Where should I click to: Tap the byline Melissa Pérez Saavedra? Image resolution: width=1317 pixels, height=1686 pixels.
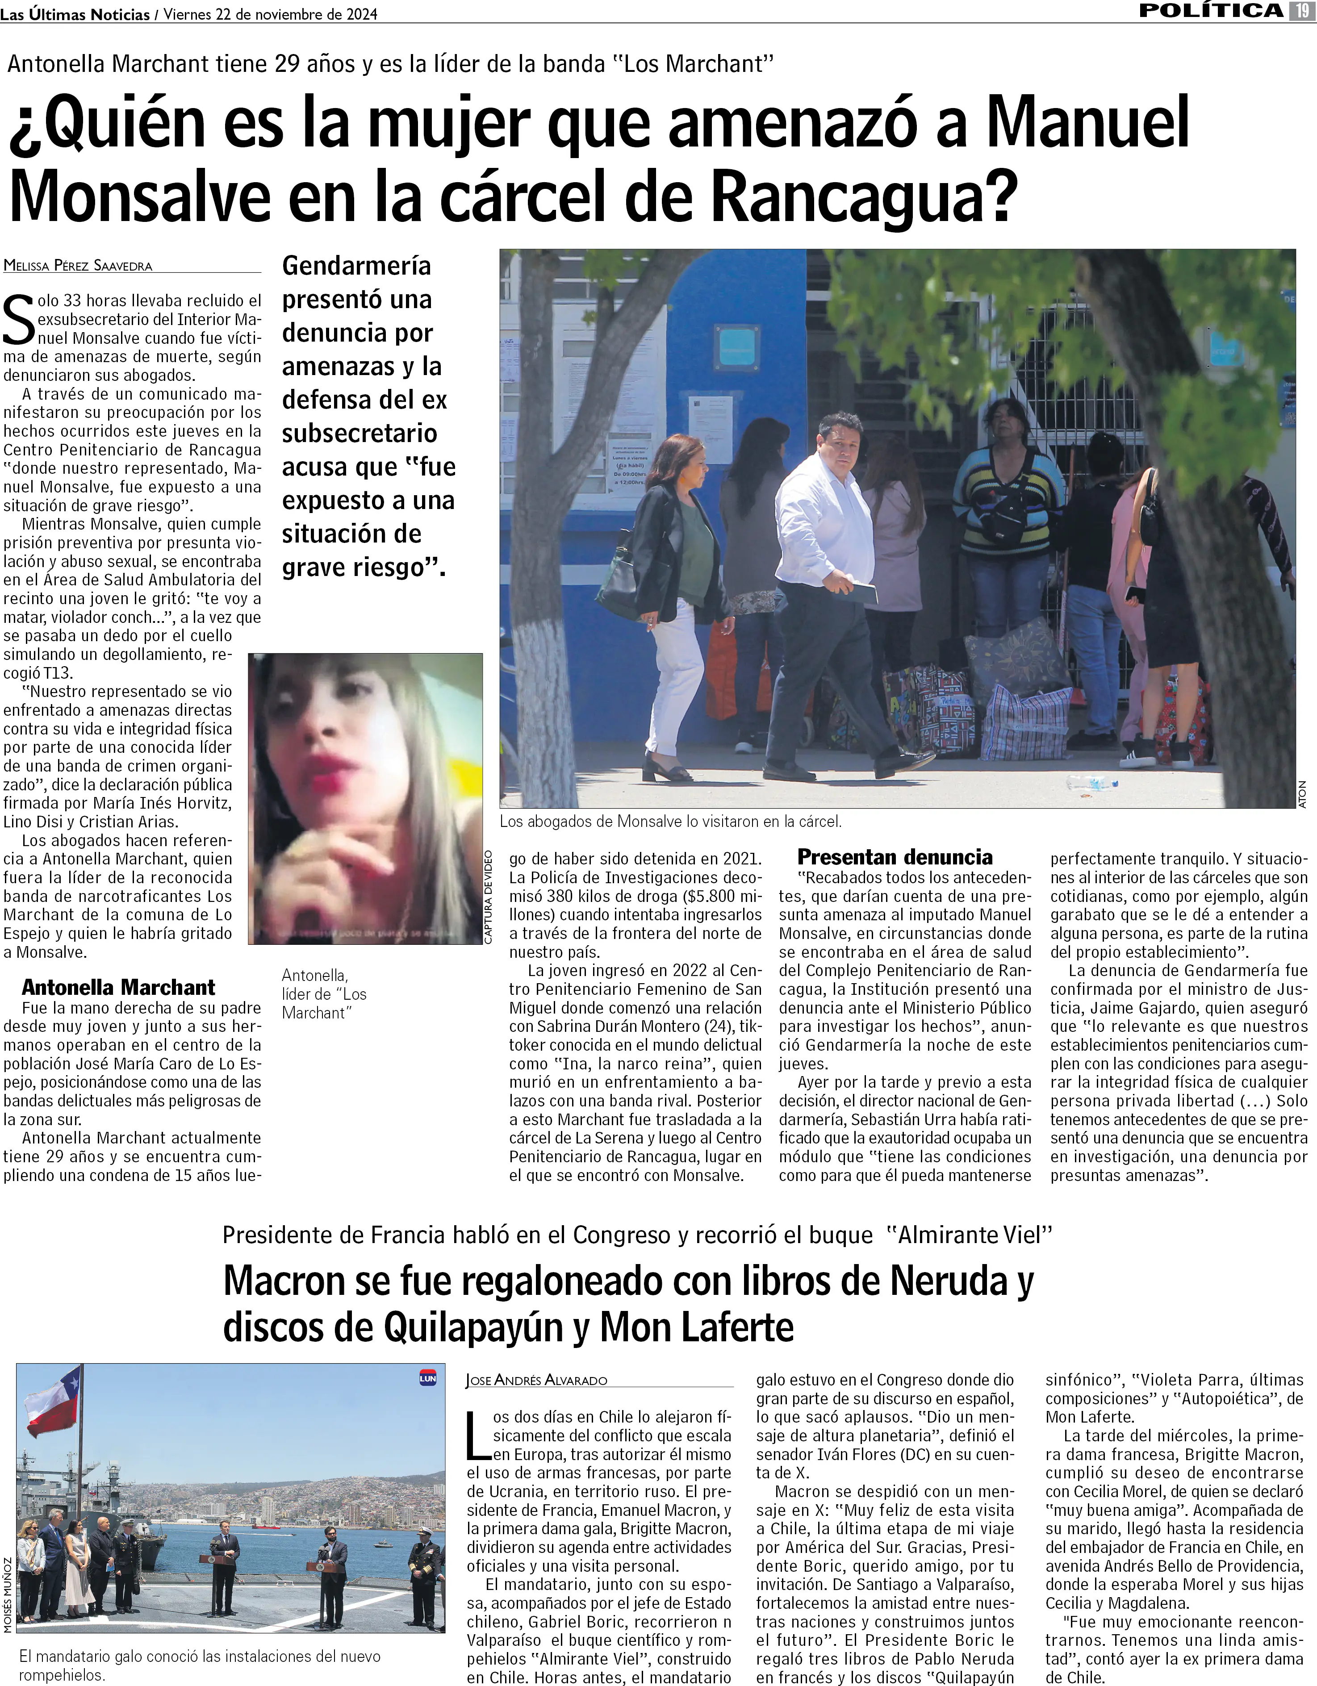(x=78, y=266)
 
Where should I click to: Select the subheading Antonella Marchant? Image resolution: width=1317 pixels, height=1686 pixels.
(x=118, y=987)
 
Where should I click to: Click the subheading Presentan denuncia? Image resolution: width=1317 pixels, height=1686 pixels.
(x=895, y=857)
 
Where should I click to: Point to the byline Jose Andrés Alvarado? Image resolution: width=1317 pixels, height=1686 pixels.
(x=536, y=1380)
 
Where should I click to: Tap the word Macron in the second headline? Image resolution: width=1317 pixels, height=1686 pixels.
(x=283, y=1281)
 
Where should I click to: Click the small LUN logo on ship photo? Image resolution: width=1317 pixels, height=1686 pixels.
(x=427, y=1378)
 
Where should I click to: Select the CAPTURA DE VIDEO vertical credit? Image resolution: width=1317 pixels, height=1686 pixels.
(x=488, y=896)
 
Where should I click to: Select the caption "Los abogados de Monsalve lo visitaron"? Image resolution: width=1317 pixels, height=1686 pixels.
(x=670, y=822)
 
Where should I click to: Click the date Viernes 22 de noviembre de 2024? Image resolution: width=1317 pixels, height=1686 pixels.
(x=270, y=14)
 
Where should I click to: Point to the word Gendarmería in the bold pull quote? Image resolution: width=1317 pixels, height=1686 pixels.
(x=357, y=266)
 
